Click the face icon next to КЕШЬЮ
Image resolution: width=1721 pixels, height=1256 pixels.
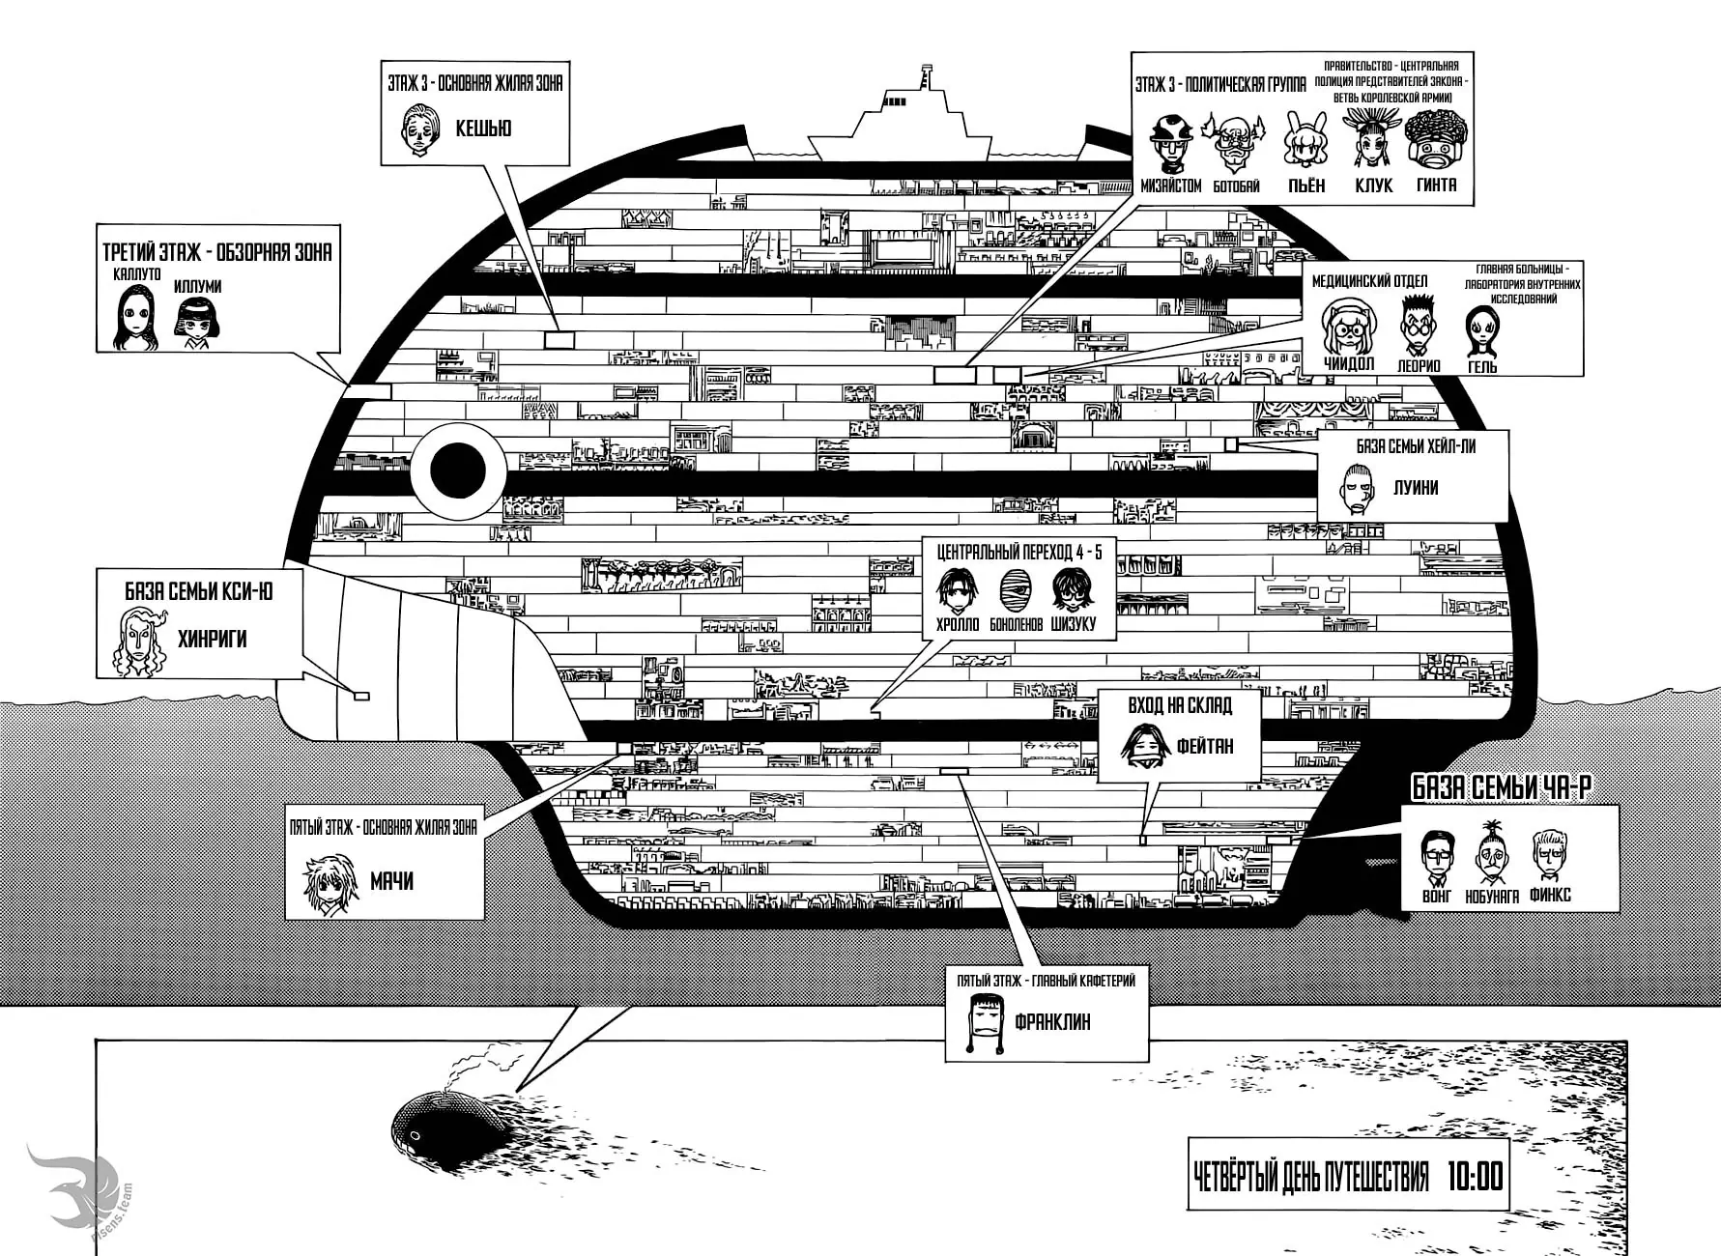click(x=419, y=129)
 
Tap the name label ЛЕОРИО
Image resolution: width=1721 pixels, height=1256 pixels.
click(x=1419, y=366)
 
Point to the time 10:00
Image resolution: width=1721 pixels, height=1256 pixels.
click(x=1475, y=1177)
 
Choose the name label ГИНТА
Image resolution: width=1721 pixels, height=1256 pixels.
click(x=1436, y=185)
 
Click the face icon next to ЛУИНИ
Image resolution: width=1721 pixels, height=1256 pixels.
click(x=1358, y=488)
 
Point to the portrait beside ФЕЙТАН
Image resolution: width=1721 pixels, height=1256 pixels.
click(x=1145, y=745)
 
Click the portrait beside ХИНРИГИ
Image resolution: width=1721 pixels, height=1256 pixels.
click(x=141, y=642)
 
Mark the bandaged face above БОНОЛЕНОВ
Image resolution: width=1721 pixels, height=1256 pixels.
click(x=1016, y=589)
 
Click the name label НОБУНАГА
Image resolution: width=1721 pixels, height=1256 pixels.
click(x=1493, y=897)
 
